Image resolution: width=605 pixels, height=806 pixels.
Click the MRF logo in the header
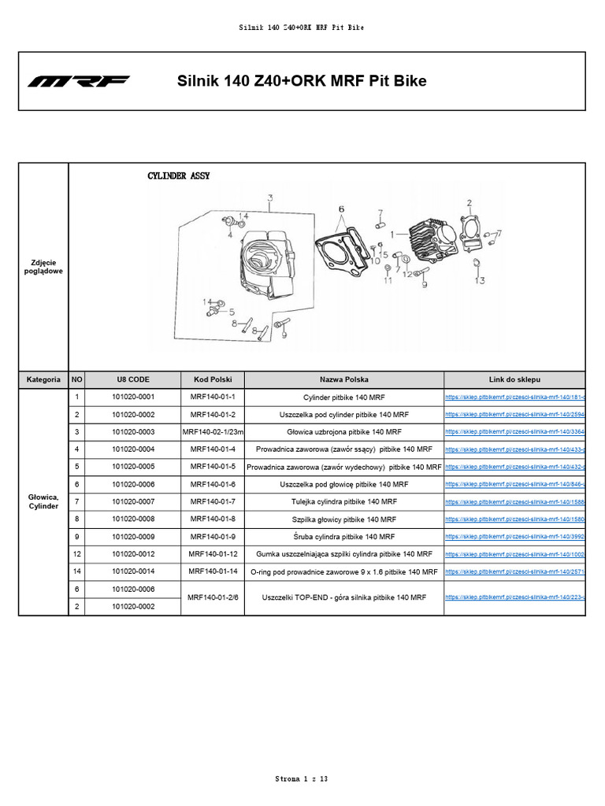[x=79, y=82]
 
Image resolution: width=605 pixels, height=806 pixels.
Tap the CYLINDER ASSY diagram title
[x=179, y=177]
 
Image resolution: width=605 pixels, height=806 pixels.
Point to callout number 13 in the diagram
[x=479, y=280]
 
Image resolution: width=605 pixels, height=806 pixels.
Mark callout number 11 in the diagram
[x=388, y=280]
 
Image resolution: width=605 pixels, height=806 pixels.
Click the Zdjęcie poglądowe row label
[x=43, y=266]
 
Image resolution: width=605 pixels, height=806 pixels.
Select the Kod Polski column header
[x=213, y=379]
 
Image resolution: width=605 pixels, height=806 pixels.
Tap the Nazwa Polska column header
[x=344, y=379]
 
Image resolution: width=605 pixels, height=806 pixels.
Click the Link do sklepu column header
[x=514, y=379]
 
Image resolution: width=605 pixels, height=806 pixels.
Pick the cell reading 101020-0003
[x=133, y=432]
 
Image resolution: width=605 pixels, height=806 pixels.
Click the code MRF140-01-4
[x=213, y=449]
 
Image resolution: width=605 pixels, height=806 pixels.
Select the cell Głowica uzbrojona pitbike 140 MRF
[x=344, y=432]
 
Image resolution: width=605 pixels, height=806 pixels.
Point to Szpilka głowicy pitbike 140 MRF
[x=344, y=519]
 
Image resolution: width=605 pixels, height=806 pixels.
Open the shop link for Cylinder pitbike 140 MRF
[x=514, y=397]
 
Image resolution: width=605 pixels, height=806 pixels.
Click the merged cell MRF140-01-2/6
[x=213, y=598]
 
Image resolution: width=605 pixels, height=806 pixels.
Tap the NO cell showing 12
[x=77, y=554]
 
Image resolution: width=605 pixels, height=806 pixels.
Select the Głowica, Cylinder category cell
[x=43, y=501]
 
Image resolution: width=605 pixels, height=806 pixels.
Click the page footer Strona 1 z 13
[x=302, y=779]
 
